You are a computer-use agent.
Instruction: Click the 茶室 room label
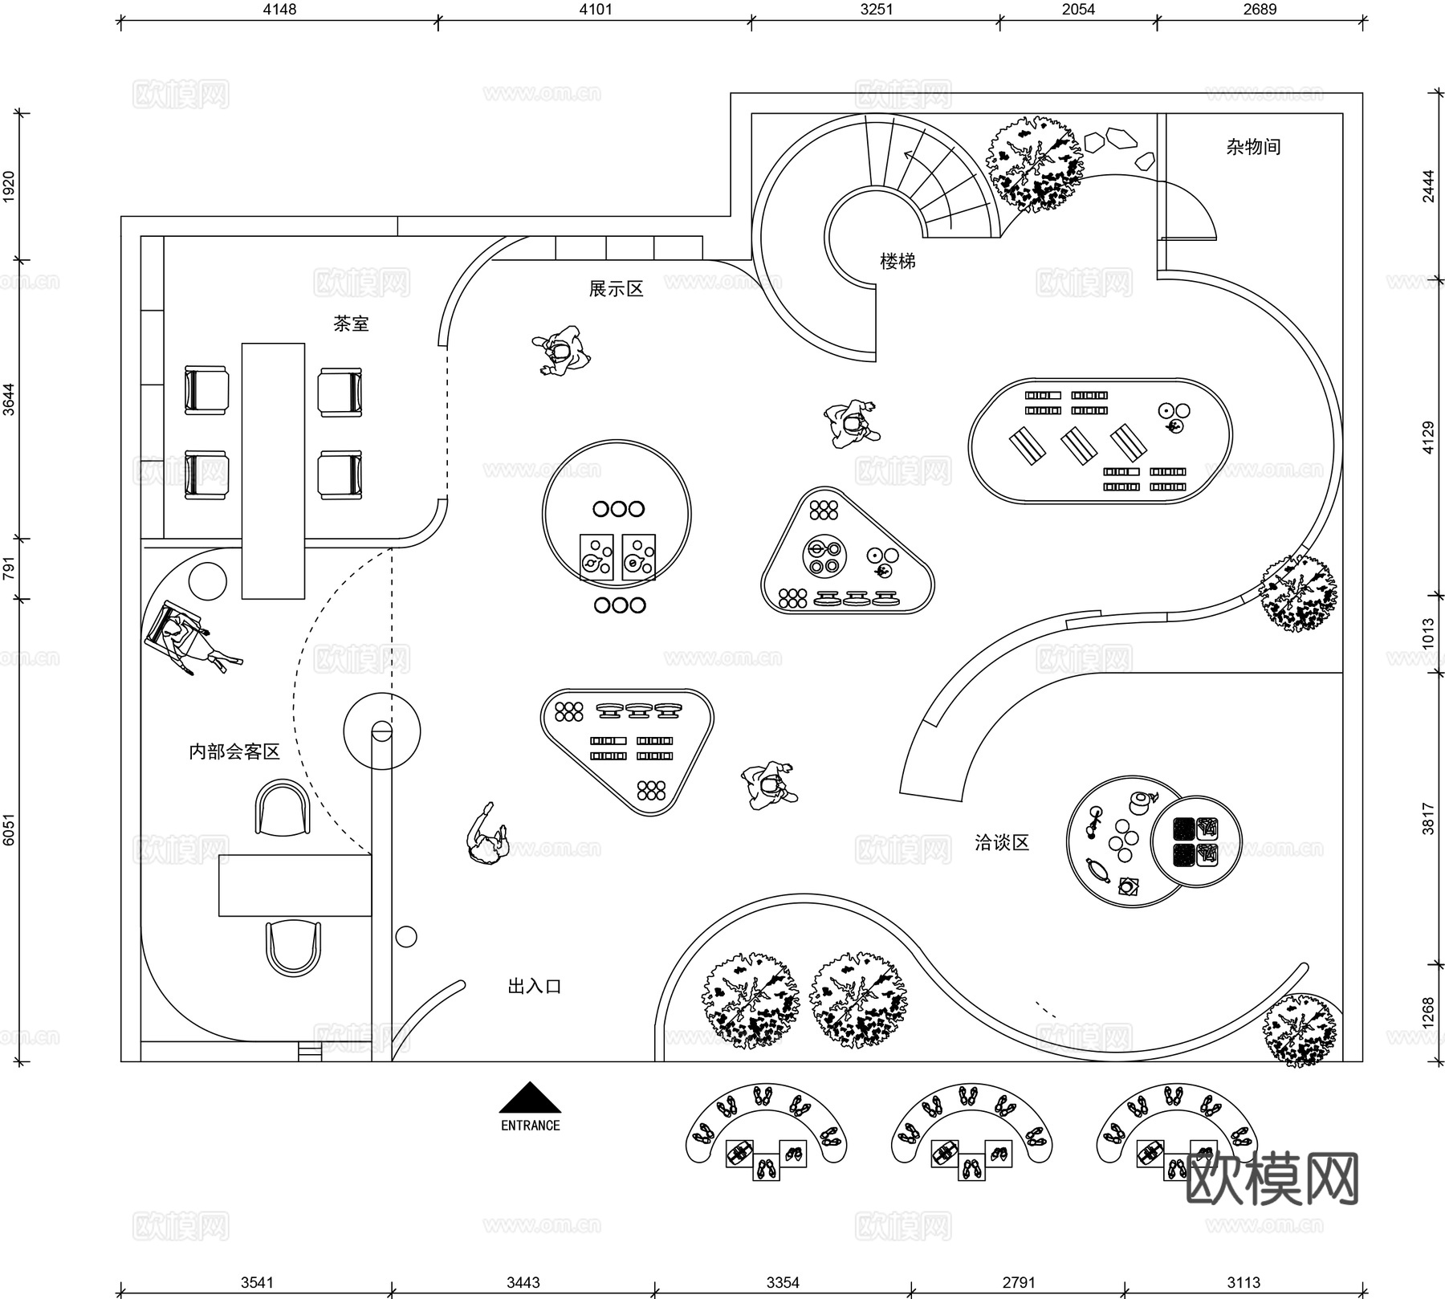pos(351,324)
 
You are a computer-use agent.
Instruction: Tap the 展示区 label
pos(616,289)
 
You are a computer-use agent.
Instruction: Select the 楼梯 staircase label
pos(898,261)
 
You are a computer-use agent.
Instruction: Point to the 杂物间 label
pos(1253,147)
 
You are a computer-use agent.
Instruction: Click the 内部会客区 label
pos(234,751)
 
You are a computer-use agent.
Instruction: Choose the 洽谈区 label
pos(1001,842)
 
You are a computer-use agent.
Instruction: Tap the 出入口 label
pos(534,986)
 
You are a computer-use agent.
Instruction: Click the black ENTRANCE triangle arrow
pos(530,1097)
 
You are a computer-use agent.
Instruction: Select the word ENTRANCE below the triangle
pos(530,1126)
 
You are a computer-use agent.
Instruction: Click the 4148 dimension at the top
pos(279,10)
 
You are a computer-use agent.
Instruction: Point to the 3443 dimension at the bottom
pos(523,1282)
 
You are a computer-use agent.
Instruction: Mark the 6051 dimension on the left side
pos(9,829)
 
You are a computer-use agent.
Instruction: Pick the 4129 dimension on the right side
pos(1428,438)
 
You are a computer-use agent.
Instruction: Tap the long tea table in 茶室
pos(273,470)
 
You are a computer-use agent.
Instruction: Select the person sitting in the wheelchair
pos(181,638)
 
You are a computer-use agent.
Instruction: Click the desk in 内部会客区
pos(295,885)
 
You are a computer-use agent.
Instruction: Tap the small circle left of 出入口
pos(406,936)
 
